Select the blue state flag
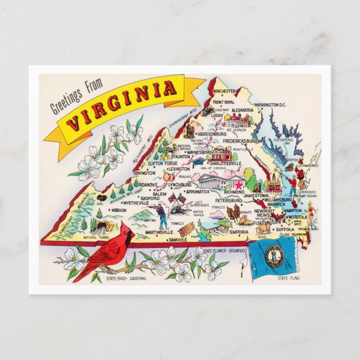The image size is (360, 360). pos(274,258)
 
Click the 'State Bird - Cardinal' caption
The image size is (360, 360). pos(126,279)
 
